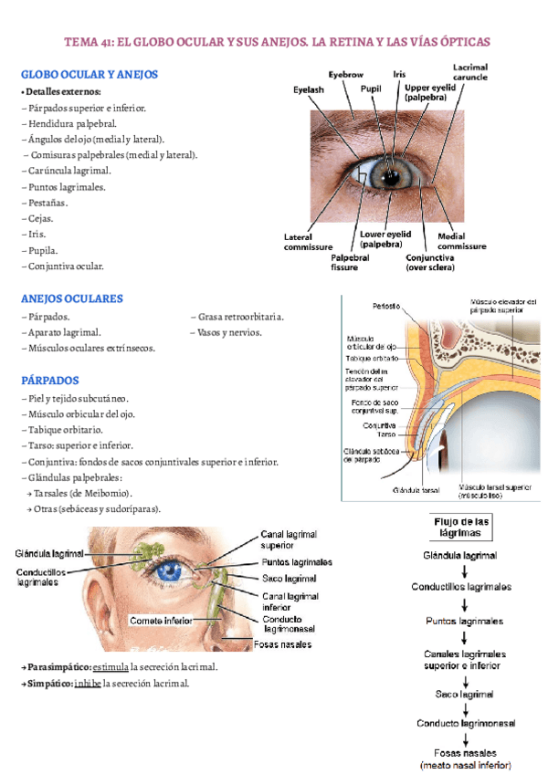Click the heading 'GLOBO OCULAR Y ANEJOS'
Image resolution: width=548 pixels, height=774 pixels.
pos(90,74)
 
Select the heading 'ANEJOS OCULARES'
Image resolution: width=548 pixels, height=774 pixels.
pos(71,298)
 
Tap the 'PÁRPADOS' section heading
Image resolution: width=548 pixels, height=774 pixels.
pos(50,380)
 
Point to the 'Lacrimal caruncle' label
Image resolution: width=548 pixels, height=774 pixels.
pos(469,72)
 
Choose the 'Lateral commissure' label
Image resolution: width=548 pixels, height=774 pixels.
pos(308,242)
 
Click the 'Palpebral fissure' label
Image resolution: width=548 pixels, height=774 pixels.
pos(351,262)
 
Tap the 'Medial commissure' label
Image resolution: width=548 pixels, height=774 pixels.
pos(461,242)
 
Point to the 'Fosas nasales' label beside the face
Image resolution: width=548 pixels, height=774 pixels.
pos(283,644)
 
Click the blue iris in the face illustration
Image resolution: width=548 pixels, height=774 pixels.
pos(169,572)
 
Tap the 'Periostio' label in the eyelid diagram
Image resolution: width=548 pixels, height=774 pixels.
pos(385,306)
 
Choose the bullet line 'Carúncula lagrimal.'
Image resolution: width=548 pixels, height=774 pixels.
pos(68,171)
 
